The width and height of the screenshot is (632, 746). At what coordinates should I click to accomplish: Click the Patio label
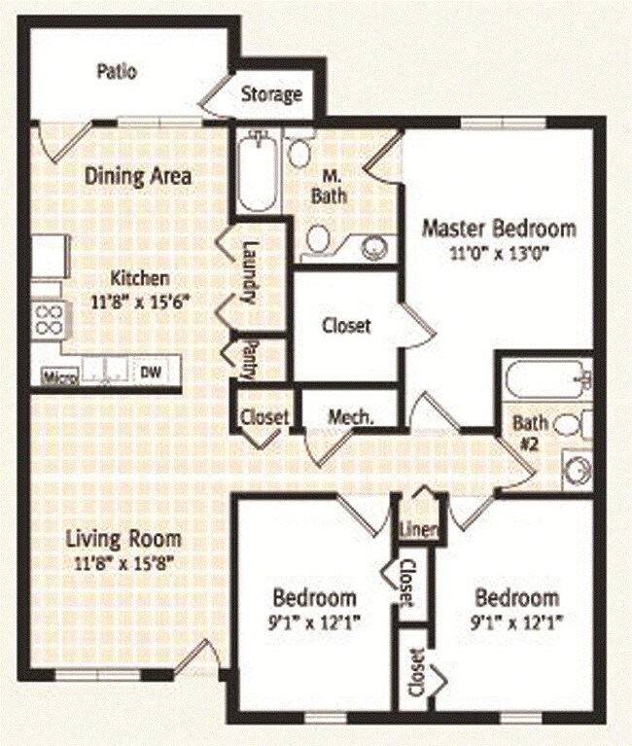117,71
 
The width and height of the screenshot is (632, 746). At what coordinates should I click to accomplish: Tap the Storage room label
271,93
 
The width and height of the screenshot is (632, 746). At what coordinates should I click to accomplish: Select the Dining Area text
138,176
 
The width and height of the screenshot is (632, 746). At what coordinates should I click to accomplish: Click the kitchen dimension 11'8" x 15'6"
140,302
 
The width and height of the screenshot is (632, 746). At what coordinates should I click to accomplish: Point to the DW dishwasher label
151,372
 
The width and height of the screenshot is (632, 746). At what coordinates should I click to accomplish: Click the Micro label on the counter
60,376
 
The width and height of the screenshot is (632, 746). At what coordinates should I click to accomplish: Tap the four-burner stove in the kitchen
50,321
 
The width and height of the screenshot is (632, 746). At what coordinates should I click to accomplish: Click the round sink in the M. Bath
374,247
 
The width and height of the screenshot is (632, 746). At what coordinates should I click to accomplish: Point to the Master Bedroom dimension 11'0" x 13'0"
500,253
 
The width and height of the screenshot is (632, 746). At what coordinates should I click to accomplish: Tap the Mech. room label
351,417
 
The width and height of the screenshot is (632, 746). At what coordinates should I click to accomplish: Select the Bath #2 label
530,433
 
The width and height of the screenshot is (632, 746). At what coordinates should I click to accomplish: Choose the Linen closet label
418,529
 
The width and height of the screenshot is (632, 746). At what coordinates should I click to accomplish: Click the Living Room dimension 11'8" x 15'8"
123,563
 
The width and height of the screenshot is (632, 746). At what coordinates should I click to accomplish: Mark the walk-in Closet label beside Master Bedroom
346,326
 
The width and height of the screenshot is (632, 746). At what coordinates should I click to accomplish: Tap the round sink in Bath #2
578,470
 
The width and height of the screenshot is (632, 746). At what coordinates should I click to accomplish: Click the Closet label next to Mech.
264,417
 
